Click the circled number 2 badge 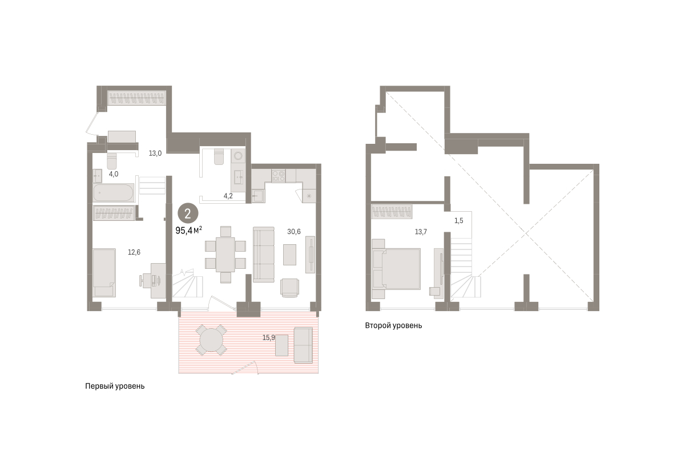(188, 213)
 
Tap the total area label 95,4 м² (189, 231)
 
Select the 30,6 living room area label (294, 232)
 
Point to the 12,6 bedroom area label (134, 252)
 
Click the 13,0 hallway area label (155, 154)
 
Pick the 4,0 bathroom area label (114, 174)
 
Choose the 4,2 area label (228, 196)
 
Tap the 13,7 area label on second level (421, 232)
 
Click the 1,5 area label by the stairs (459, 221)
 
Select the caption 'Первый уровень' (115, 386)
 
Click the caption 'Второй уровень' (393, 325)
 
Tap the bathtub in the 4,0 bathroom (114, 192)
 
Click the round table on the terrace (211, 340)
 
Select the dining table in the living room (225, 255)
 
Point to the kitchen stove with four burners (279, 175)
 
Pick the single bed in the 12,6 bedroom (104, 272)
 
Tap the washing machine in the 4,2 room (238, 157)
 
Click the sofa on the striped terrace (303, 345)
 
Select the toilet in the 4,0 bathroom (112, 161)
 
